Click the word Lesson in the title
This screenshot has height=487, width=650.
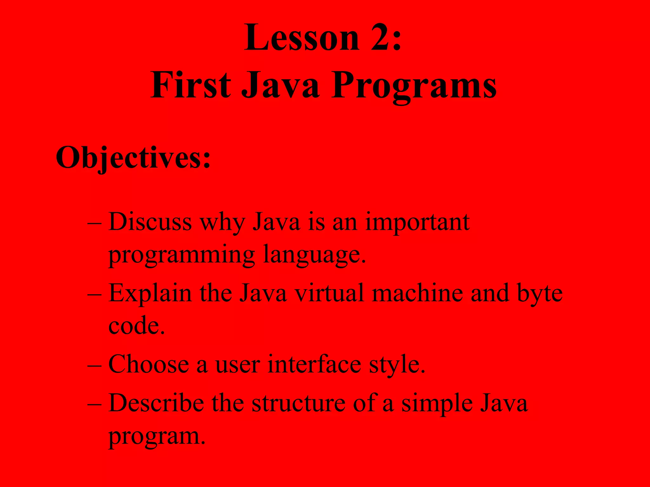coord(302,38)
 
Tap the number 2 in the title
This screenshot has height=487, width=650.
coord(381,38)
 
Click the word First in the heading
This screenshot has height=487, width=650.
coord(190,85)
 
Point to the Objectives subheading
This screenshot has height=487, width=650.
coord(133,158)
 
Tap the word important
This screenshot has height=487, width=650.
coord(417,222)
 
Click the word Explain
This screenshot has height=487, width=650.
coord(150,293)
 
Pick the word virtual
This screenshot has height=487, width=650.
coord(329,293)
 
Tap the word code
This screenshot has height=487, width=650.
coord(136,326)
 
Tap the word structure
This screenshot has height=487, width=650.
coord(298,403)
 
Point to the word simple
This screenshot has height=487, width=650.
coord(437,403)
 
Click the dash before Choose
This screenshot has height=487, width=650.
coord(94,365)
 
